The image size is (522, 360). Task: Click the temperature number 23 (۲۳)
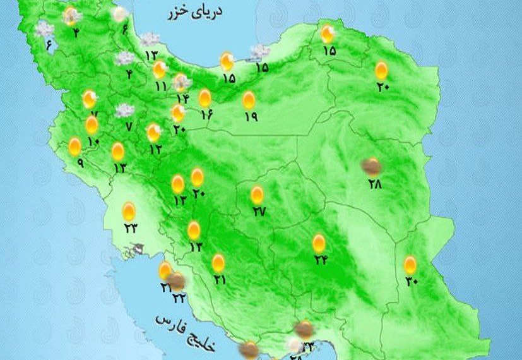pos(130,229)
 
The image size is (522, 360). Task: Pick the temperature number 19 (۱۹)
pos(250,117)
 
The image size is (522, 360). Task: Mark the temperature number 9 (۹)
pos(81,162)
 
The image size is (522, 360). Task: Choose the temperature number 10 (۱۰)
pos(93,141)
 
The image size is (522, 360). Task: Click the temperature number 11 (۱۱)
pos(160,86)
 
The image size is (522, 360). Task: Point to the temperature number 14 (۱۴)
pos(182,98)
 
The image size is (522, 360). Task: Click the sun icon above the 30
pos(410,264)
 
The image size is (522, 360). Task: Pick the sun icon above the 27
pos(257,195)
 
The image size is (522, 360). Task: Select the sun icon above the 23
pos(129,210)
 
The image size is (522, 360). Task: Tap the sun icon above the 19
pos(249,100)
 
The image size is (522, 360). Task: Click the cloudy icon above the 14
pos(182,81)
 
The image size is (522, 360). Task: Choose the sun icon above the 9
pos(75,146)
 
